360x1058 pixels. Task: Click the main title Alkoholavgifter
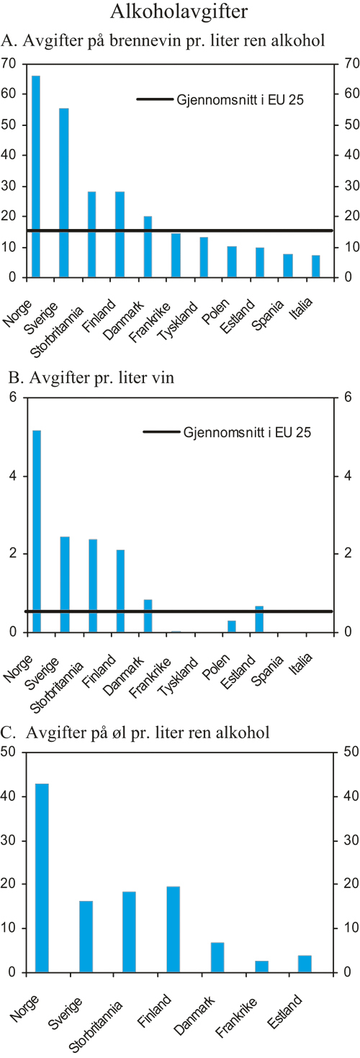click(x=180, y=12)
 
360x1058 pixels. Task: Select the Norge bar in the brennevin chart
click(x=36, y=176)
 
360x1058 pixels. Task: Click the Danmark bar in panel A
click(x=148, y=246)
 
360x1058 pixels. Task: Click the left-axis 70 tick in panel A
click(x=9, y=63)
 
